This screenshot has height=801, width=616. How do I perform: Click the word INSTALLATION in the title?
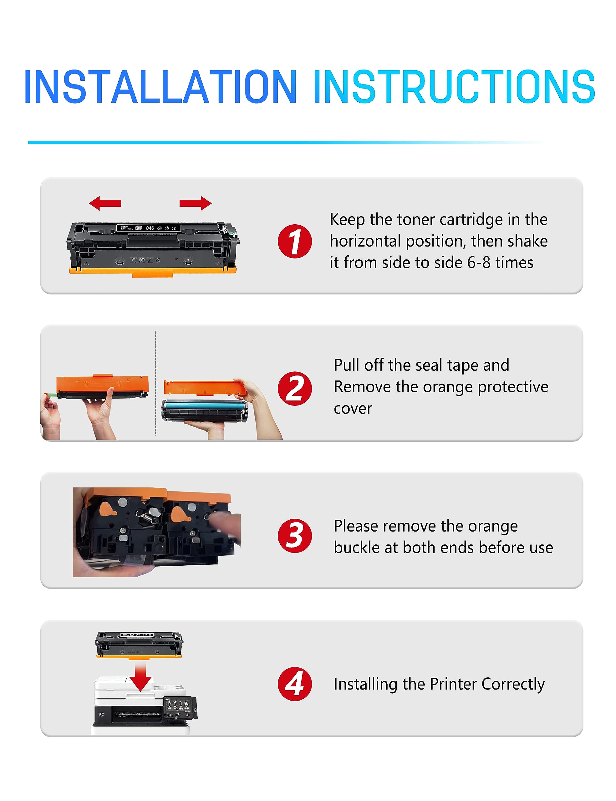click(160, 87)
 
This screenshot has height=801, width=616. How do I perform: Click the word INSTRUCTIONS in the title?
click(454, 87)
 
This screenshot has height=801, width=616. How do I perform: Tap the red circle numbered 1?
click(295, 241)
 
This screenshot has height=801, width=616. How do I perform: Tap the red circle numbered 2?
click(295, 389)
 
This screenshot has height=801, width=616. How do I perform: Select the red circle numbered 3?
click(295, 536)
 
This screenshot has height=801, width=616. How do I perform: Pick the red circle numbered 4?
click(295, 684)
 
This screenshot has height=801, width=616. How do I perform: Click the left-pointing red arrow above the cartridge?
click(105, 203)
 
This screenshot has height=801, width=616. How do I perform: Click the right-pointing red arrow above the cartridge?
click(196, 203)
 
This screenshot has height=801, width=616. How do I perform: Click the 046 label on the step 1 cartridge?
click(150, 228)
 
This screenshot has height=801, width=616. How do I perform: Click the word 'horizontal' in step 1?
click(365, 241)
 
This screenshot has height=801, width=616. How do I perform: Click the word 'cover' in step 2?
click(353, 409)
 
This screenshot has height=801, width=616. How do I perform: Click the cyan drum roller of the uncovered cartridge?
click(204, 406)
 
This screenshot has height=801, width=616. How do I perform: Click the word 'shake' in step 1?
click(528, 241)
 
